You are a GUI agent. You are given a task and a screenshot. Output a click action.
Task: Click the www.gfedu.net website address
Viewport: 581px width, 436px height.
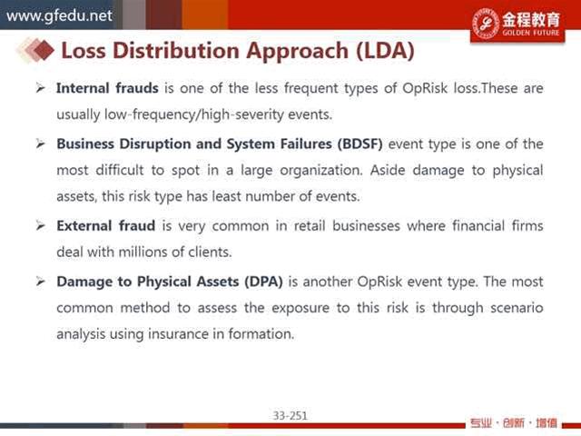coord(59,16)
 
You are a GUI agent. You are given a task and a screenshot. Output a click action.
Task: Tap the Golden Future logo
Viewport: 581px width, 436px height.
coord(517,24)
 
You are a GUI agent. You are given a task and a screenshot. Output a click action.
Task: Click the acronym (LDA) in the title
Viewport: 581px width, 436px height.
coord(385,51)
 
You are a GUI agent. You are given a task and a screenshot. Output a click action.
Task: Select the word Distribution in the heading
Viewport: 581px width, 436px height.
coord(175,51)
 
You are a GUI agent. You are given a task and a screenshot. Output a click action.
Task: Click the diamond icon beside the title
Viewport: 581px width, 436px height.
coord(36,50)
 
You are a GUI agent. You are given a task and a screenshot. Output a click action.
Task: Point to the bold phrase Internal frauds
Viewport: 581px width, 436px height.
coord(107,88)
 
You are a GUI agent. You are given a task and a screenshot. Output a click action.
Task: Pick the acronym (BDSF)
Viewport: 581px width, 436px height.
coord(359,144)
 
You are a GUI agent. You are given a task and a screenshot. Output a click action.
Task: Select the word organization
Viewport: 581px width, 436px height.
coord(320,171)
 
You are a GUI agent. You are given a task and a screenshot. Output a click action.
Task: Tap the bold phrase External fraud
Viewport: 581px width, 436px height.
coord(105,226)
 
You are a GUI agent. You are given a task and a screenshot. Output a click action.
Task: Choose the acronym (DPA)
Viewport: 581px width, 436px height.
coord(263,282)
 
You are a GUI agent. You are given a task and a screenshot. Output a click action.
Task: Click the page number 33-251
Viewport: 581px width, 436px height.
coord(290,416)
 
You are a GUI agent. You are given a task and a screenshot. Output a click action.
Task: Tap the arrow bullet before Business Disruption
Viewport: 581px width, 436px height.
coord(40,144)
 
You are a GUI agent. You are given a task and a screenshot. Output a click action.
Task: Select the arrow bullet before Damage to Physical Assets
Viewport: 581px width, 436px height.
coord(40,282)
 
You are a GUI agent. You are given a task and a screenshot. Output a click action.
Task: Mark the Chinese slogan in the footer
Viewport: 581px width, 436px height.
coord(514,423)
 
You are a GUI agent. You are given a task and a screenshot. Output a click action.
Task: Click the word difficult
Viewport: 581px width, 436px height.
coord(119,170)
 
